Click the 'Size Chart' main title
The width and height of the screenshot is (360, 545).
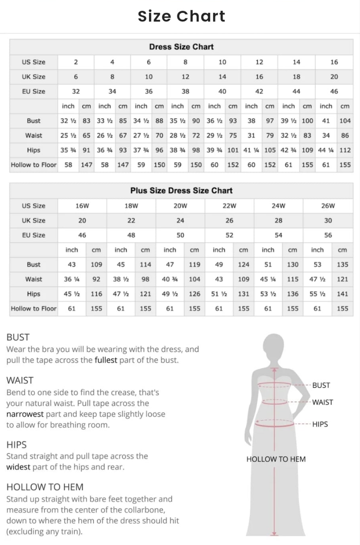(181, 16)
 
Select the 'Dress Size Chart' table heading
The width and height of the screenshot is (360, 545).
(181, 47)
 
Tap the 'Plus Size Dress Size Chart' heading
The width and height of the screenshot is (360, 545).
(181, 191)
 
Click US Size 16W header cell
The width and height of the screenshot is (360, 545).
(82, 206)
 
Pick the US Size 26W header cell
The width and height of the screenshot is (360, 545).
(328, 206)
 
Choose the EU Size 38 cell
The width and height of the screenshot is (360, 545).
(185, 91)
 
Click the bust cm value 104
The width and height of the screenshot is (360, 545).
(345, 121)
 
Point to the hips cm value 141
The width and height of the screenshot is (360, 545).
(342, 294)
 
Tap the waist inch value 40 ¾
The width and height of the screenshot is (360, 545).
(170, 279)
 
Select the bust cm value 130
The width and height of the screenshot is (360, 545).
(292, 265)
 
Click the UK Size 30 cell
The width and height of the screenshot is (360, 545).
(328, 220)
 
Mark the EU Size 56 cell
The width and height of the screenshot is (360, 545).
(328, 235)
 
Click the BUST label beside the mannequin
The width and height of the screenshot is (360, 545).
(321, 385)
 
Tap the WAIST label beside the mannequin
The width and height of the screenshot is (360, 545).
(323, 403)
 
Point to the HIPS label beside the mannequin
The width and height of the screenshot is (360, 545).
(320, 424)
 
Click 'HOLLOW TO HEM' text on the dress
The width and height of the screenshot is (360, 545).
(276, 459)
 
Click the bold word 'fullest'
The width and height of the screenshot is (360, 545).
(106, 360)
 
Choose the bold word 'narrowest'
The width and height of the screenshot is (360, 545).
(25, 414)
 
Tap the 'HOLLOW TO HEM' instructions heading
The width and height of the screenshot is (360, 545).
(45, 487)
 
